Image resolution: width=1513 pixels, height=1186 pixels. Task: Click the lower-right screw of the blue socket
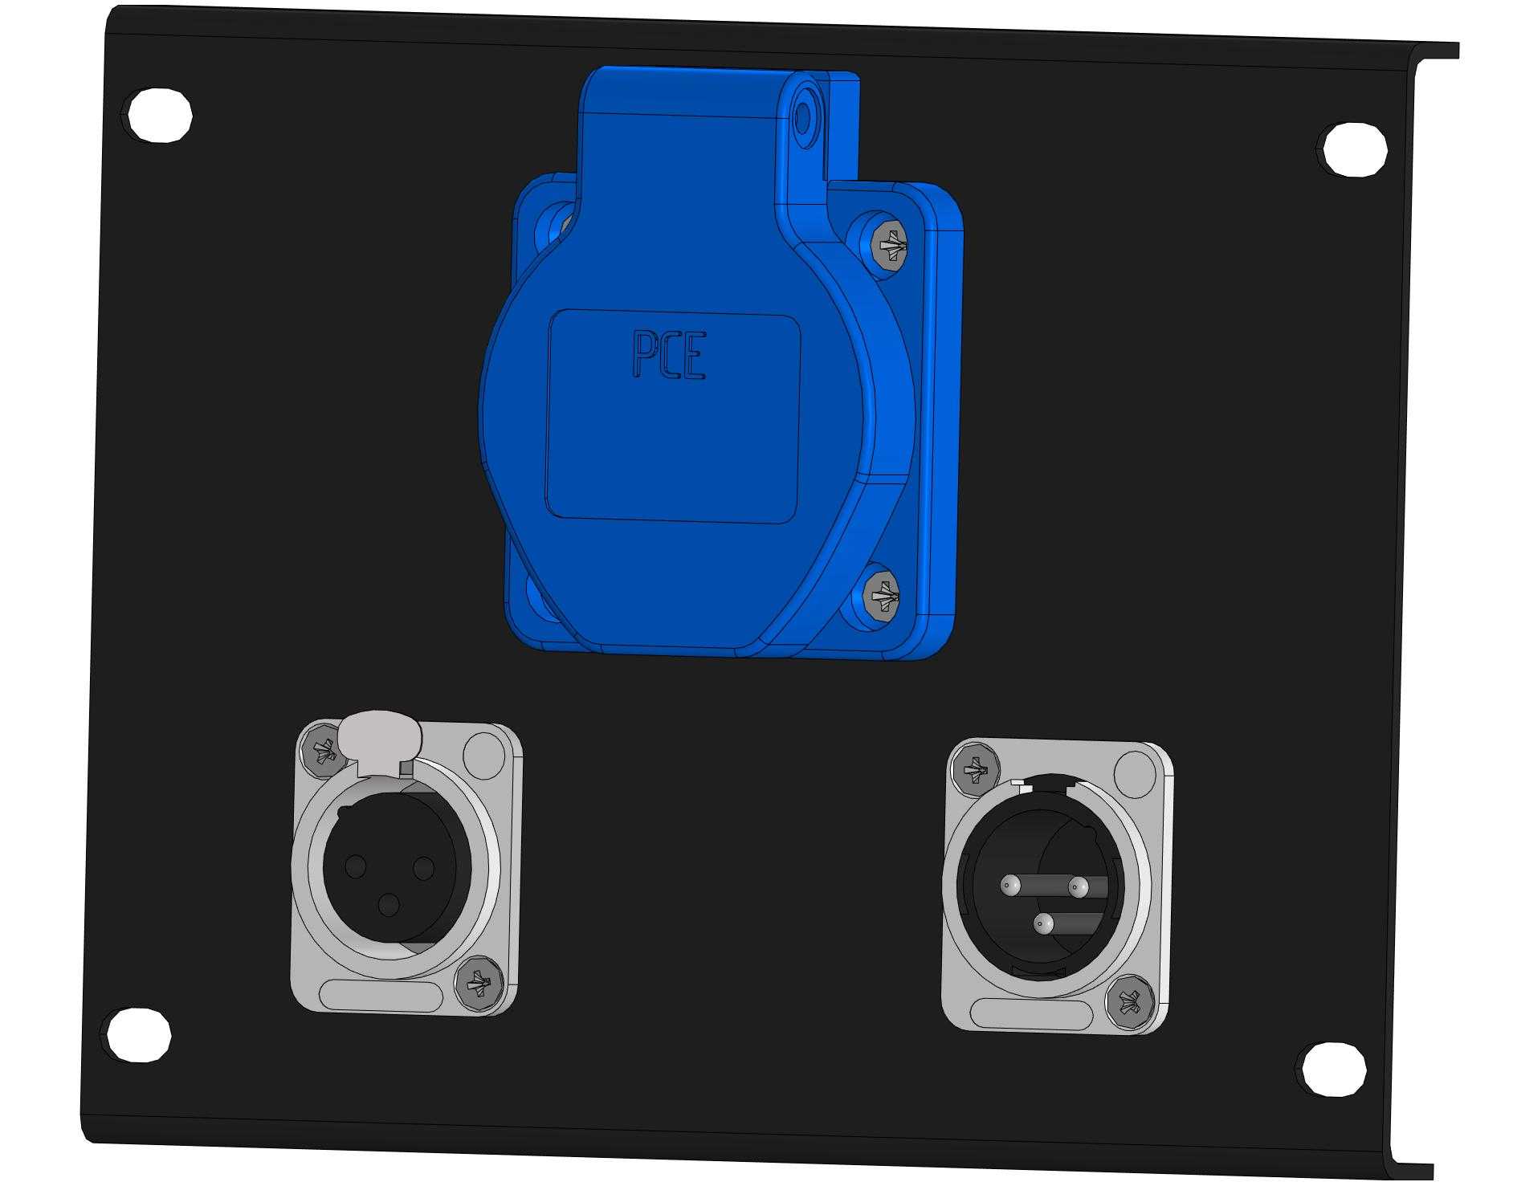coord(882,595)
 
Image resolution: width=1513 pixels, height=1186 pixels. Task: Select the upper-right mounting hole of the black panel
coord(1354,148)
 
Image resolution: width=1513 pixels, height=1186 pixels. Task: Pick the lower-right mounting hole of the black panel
coord(1332,1068)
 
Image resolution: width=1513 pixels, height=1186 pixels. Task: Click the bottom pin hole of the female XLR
coord(389,905)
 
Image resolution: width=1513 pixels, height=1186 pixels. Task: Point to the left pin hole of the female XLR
coord(355,866)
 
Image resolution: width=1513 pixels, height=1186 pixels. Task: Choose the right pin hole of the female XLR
coord(423,867)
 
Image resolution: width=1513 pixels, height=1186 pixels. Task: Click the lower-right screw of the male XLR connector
coord(1130,1003)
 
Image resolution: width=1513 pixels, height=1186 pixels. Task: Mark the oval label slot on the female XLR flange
coord(381,994)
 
